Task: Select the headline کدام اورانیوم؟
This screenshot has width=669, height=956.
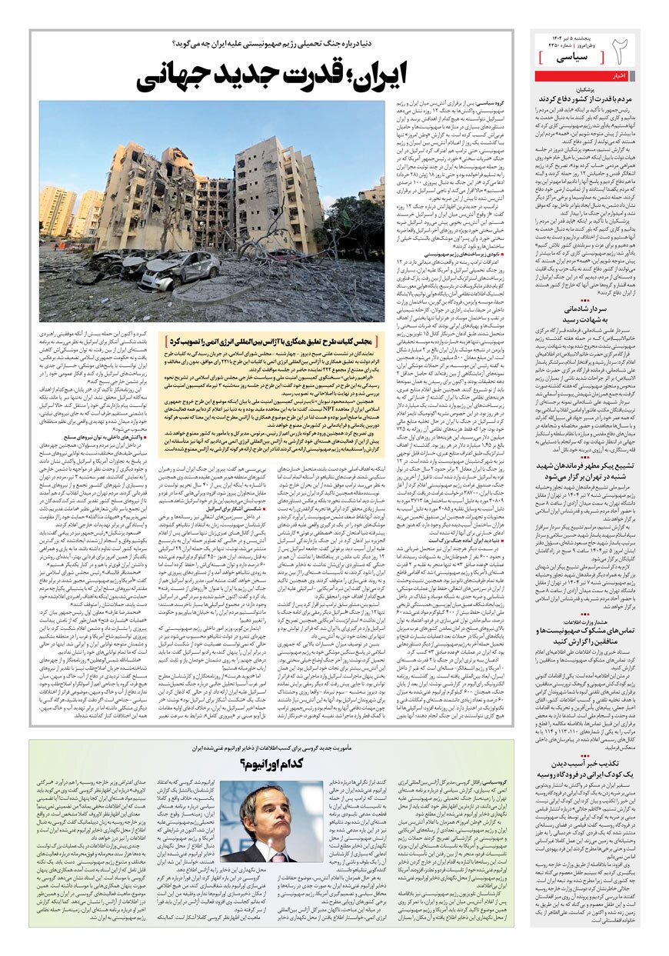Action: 272,763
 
